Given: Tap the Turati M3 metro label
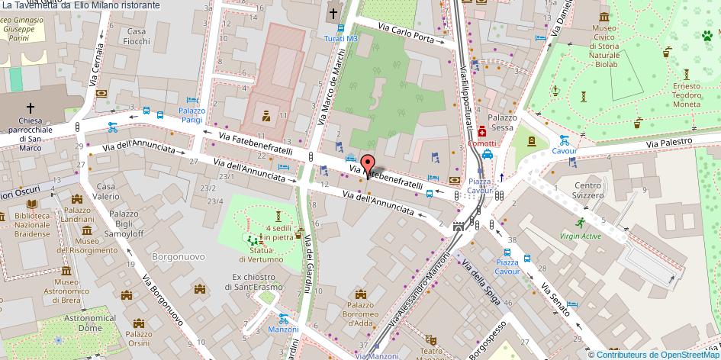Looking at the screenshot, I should click(340, 38).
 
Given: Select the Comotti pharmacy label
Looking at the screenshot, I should click(481, 143).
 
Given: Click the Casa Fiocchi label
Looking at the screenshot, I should click(137, 37).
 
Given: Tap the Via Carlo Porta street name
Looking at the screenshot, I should click(411, 34).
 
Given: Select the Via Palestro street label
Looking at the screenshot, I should click(669, 143).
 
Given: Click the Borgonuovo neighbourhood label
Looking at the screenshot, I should click(179, 257).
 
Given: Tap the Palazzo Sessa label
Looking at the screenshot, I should click(504, 122).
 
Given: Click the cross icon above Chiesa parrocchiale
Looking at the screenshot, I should click(31, 109).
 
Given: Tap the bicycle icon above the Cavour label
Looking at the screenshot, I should click(564, 140).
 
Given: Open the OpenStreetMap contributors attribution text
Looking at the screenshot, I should click(654, 354).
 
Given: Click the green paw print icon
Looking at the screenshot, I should click(707, 34).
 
